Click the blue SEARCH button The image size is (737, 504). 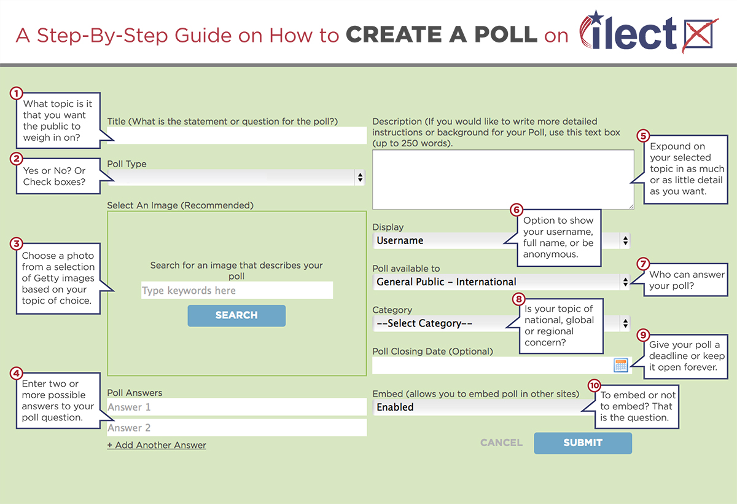click(236, 315)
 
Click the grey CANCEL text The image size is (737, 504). click(501, 443)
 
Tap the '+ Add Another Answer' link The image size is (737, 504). click(157, 445)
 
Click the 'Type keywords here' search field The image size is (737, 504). click(237, 290)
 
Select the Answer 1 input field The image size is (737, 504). click(237, 407)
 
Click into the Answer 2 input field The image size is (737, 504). click(237, 428)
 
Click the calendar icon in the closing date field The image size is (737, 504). click(621, 365)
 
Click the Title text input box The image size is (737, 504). click(237, 135)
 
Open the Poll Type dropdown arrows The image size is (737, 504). click(361, 177)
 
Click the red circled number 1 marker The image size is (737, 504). click(16, 93)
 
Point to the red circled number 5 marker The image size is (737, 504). click(643, 136)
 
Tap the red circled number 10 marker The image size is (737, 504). click(595, 385)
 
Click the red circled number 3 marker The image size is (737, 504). click(16, 243)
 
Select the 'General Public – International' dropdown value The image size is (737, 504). click(446, 282)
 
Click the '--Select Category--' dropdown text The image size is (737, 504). click(424, 323)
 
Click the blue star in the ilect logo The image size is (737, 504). click(596, 17)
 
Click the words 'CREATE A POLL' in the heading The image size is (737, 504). click(442, 34)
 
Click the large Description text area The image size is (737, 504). click(503, 179)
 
